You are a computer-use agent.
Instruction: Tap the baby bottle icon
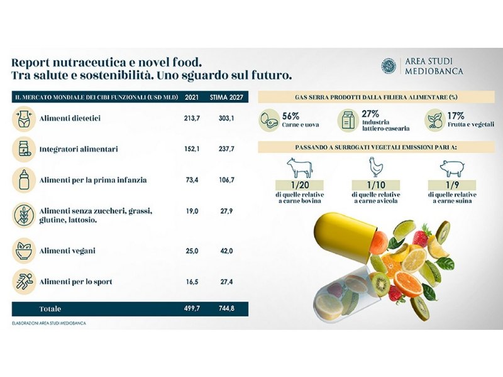pyautogui.click(x=24, y=180)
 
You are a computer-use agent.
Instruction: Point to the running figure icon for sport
pyautogui.click(x=24, y=281)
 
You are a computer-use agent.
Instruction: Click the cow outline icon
pyautogui.click(x=299, y=168)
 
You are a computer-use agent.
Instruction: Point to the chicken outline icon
pyautogui.click(x=375, y=168)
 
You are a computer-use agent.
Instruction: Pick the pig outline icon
pyautogui.click(x=452, y=168)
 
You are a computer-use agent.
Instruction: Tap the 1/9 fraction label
pyautogui.click(x=452, y=186)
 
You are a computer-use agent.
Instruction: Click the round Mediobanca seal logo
pyautogui.click(x=389, y=67)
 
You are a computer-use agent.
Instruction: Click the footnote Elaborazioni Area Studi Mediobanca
pyautogui.click(x=49, y=323)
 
